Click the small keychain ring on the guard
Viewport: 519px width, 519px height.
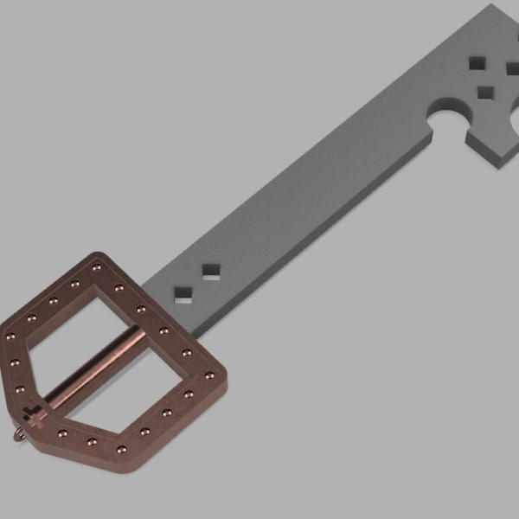pyautogui.click(x=20, y=437)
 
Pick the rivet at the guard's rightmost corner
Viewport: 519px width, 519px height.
pyautogui.click(x=209, y=375)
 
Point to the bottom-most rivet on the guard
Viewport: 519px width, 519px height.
pyautogui.click(x=121, y=450)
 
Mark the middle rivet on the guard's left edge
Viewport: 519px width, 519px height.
pyautogui.click(x=15, y=362)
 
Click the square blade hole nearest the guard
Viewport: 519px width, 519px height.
pyautogui.click(x=183, y=294)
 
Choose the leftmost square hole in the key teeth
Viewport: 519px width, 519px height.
pyautogui.click(x=477, y=62)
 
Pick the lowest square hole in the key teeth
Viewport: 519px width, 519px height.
pyautogui.click(x=486, y=92)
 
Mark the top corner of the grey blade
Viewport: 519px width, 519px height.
pyautogui.click(x=496, y=7)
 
